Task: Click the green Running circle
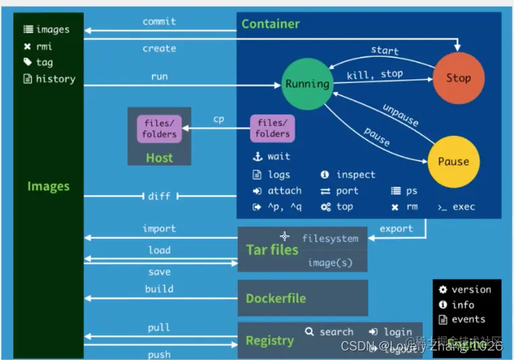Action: pos(307,84)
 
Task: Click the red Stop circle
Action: pos(458,78)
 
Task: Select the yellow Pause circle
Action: pos(453,162)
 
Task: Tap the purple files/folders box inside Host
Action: pos(160,129)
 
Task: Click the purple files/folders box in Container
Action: pos(273,129)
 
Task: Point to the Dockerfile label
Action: pos(276,298)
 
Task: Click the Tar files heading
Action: pos(272,250)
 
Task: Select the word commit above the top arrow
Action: pos(160,21)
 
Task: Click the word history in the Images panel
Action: pos(55,78)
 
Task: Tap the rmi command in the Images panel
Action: pos(44,46)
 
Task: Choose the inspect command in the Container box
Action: pos(355,175)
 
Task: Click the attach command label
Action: pos(285,191)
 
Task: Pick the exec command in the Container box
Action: pos(464,207)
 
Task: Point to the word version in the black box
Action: pos(471,290)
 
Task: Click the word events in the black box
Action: pos(469,319)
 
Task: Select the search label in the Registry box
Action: pos(336,332)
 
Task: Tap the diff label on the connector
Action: pos(160,196)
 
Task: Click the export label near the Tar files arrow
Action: pos(396,229)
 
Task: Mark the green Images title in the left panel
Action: pos(48,186)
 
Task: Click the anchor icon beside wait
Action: pos(257,156)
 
